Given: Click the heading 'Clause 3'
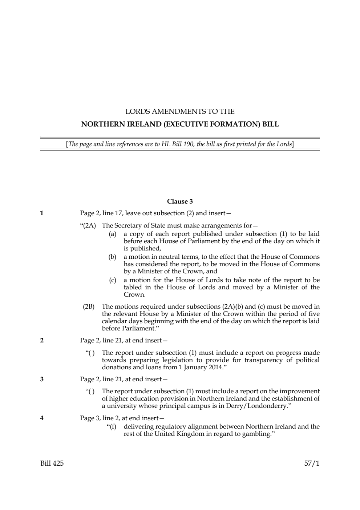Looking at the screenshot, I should pyautogui.click(x=180, y=201).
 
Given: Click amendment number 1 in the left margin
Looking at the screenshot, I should pyautogui.click(x=42, y=213).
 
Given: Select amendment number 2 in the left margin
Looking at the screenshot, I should pyautogui.click(x=42, y=341).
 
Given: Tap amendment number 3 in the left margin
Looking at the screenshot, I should pyautogui.click(x=42, y=380).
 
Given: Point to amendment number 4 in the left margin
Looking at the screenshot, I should pyautogui.click(x=42, y=418).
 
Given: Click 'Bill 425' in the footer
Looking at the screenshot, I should pyautogui.click(x=52, y=463).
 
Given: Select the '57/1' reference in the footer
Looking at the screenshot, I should pyautogui.click(x=312, y=463).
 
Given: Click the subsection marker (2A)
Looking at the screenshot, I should pyautogui.click(x=89, y=226).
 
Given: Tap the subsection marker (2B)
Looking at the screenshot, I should pyautogui.click(x=89, y=306).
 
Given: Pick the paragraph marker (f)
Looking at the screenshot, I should pyautogui.click(x=112, y=426).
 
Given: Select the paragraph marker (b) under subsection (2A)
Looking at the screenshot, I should pyautogui.click(x=112, y=257).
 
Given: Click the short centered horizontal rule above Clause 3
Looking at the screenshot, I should pyautogui.click(x=180, y=175).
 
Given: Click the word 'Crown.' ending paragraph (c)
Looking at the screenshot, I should pyautogui.click(x=134, y=295).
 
